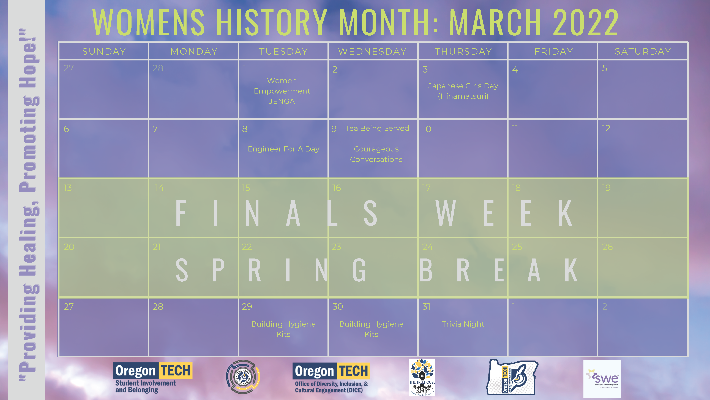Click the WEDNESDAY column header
point(372,51)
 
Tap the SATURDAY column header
point(643,51)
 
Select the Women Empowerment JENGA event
point(282,91)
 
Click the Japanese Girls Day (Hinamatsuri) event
point(463,91)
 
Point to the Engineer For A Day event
point(283,149)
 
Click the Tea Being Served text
point(377,128)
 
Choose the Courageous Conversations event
point(376,154)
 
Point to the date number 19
point(606,188)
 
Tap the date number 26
point(607,247)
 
